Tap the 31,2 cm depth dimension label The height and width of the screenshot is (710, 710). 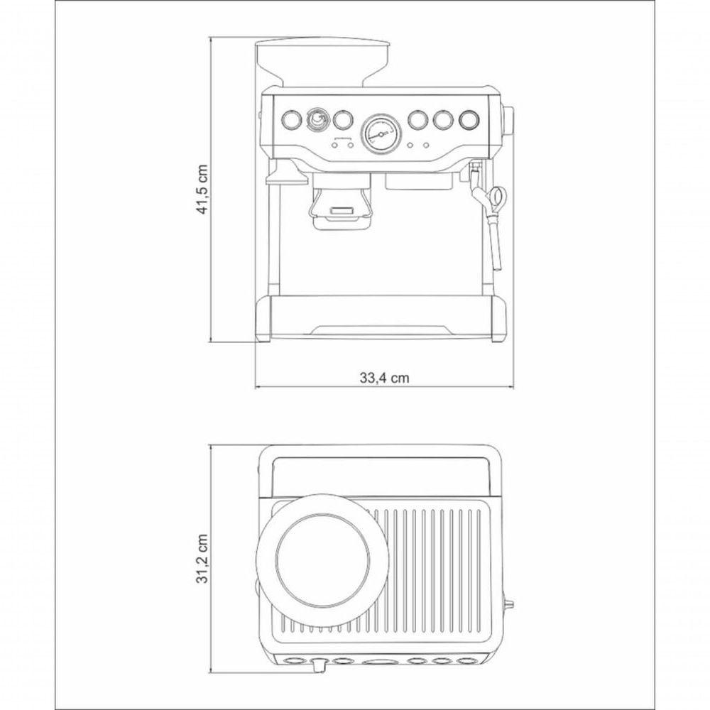coord(202,559)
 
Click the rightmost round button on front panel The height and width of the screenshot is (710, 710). coord(469,119)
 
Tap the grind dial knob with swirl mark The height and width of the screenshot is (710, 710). coord(317,119)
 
